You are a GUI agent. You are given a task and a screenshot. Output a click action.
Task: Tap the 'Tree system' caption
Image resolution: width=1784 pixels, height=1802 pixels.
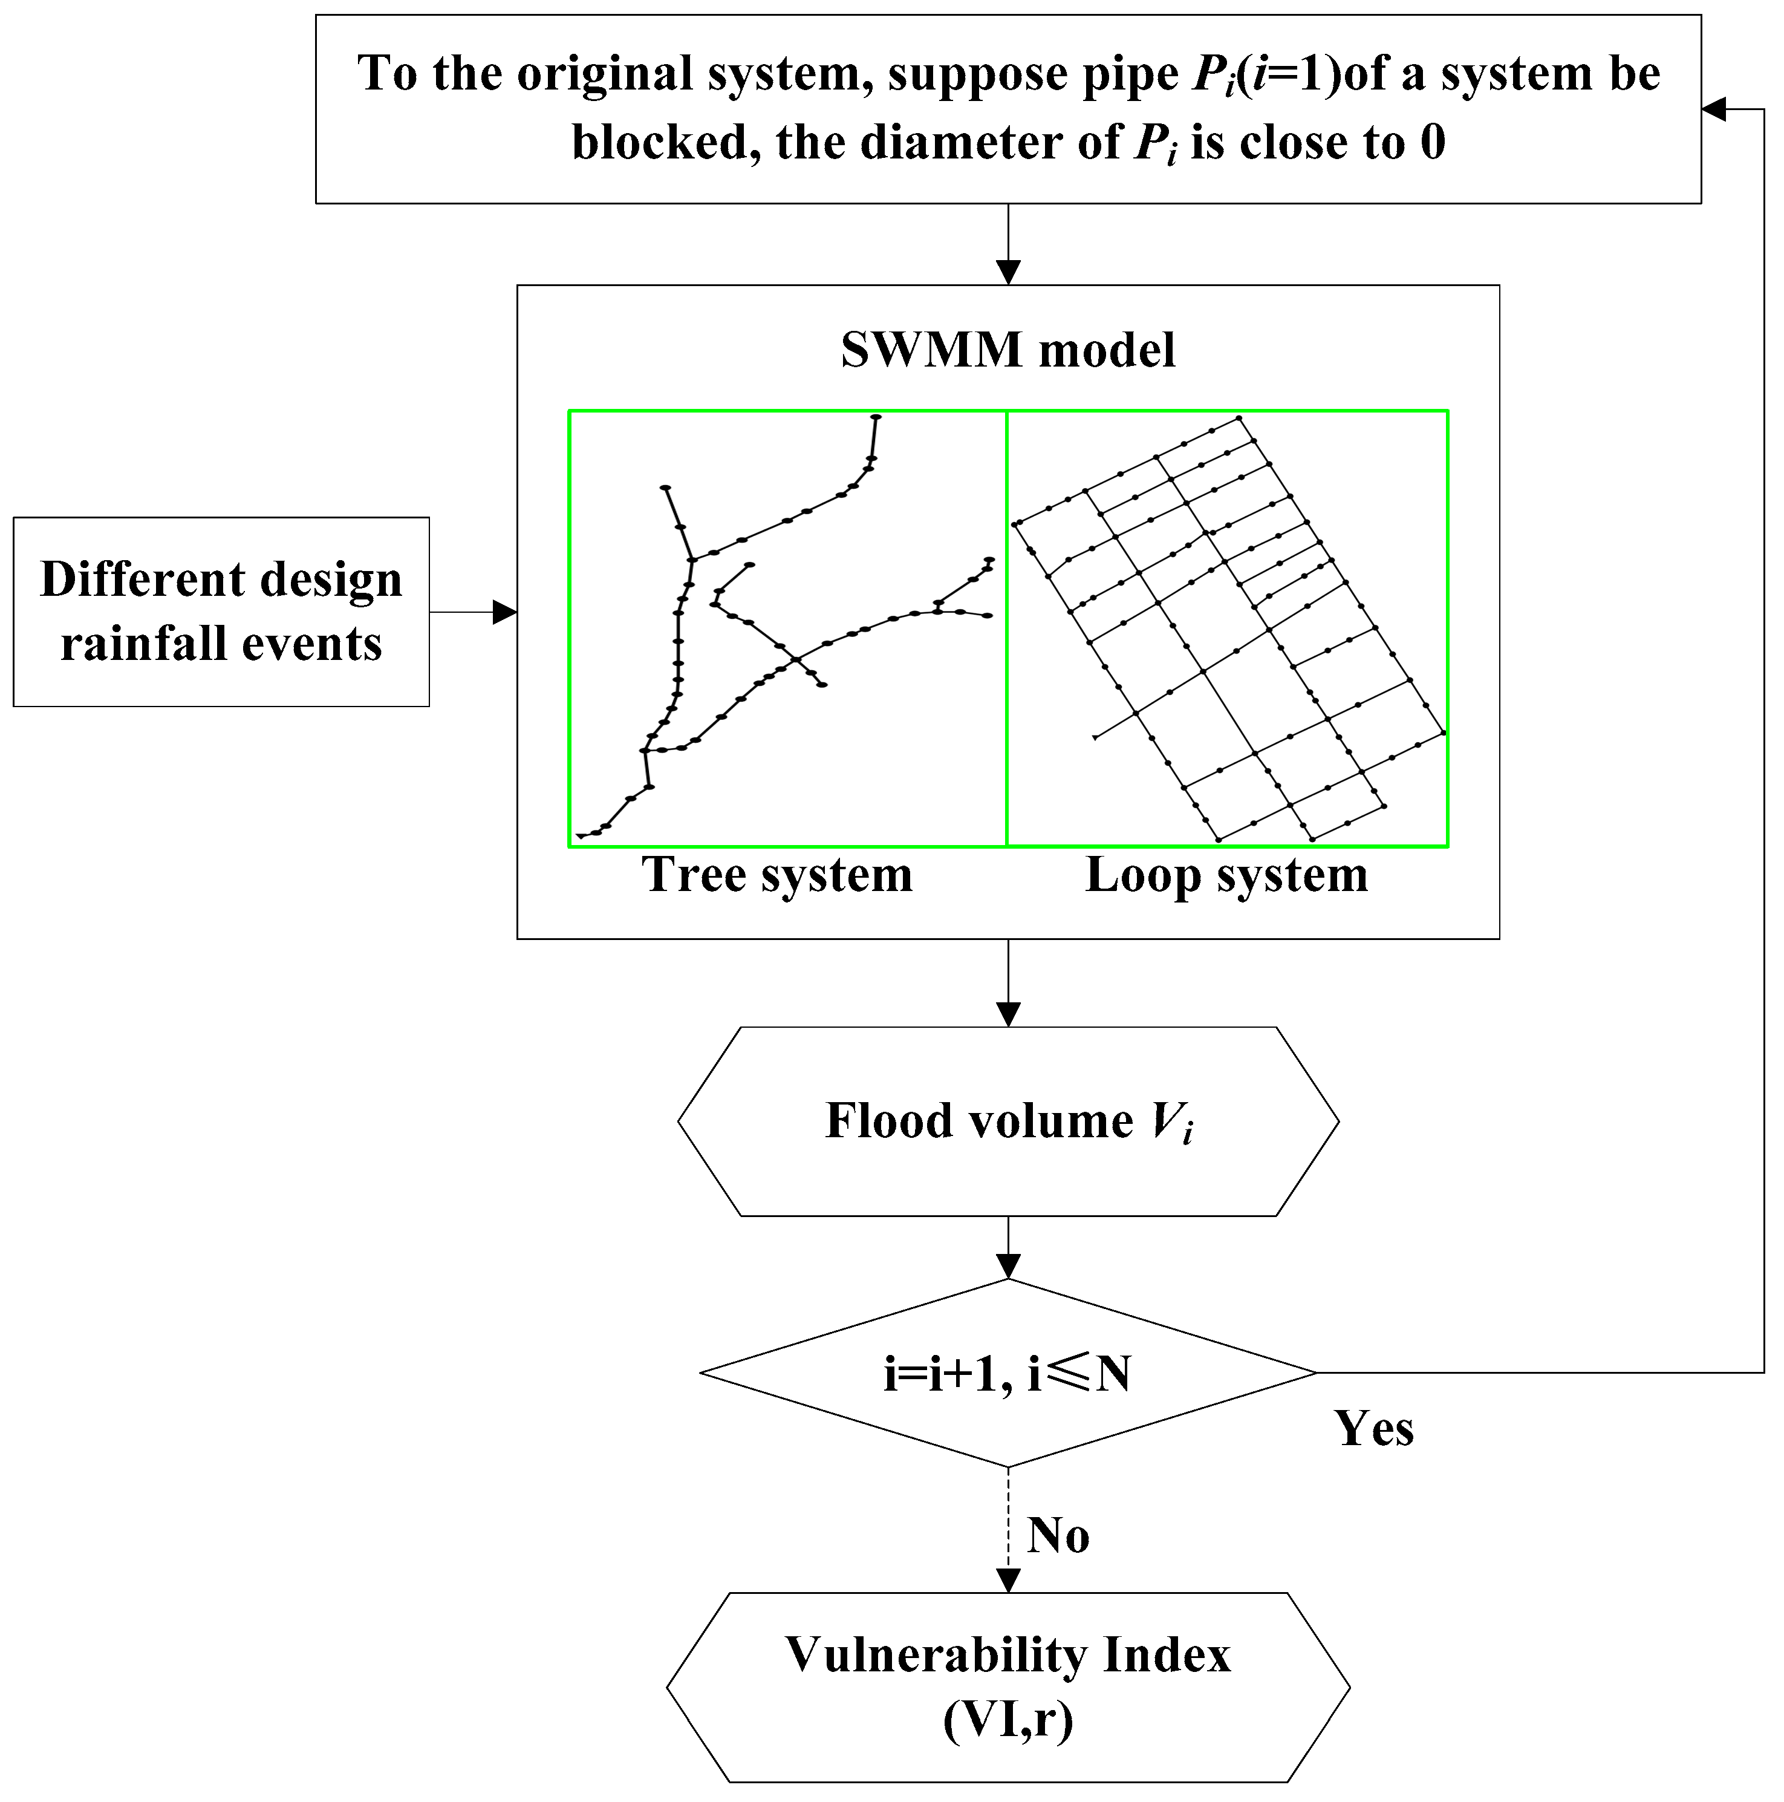(777, 875)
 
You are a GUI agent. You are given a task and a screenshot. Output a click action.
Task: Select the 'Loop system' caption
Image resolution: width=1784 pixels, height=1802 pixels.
(1226, 875)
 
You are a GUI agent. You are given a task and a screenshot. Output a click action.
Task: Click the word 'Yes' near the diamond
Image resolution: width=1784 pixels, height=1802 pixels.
(1373, 1428)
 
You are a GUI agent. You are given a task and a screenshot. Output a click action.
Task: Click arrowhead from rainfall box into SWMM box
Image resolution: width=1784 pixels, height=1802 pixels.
(504, 612)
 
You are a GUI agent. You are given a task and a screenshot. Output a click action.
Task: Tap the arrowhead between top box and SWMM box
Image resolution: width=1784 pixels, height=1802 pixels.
(1008, 272)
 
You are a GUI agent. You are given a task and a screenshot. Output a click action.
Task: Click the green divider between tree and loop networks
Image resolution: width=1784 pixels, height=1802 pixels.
(1006, 628)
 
